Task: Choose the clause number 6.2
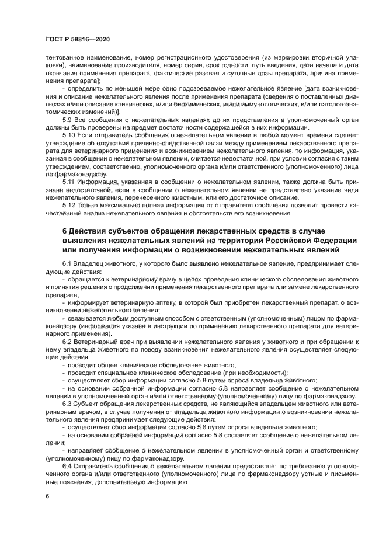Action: pos(67,341)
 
